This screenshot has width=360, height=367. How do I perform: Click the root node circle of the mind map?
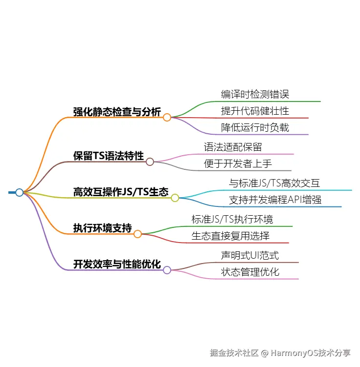[20, 192]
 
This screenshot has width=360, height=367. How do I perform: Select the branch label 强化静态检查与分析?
[117, 112]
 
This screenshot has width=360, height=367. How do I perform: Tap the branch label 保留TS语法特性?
[108, 156]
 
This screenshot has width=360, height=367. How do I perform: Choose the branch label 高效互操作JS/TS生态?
[121, 192]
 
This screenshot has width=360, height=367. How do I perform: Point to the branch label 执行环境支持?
[103, 228]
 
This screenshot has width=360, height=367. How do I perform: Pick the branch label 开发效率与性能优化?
[117, 264]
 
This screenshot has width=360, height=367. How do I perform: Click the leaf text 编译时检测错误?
[255, 94]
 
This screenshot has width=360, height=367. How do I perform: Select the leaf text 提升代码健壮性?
[255, 111]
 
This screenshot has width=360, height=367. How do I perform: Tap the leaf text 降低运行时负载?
[255, 127]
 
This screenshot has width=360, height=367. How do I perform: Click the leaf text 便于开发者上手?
[237, 163]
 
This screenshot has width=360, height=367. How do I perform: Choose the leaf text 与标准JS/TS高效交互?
[275, 183]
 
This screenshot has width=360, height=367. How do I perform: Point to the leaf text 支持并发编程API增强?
[275, 200]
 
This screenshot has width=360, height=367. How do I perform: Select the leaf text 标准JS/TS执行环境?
[232, 219]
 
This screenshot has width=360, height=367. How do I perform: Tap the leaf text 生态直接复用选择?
[231, 236]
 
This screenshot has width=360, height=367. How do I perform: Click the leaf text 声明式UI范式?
[250, 255]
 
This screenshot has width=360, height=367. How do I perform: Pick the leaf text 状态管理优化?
[250, 272]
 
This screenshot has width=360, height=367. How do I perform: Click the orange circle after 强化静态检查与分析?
[167, 117]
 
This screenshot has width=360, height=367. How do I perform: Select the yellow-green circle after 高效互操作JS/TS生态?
[175, 198]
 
